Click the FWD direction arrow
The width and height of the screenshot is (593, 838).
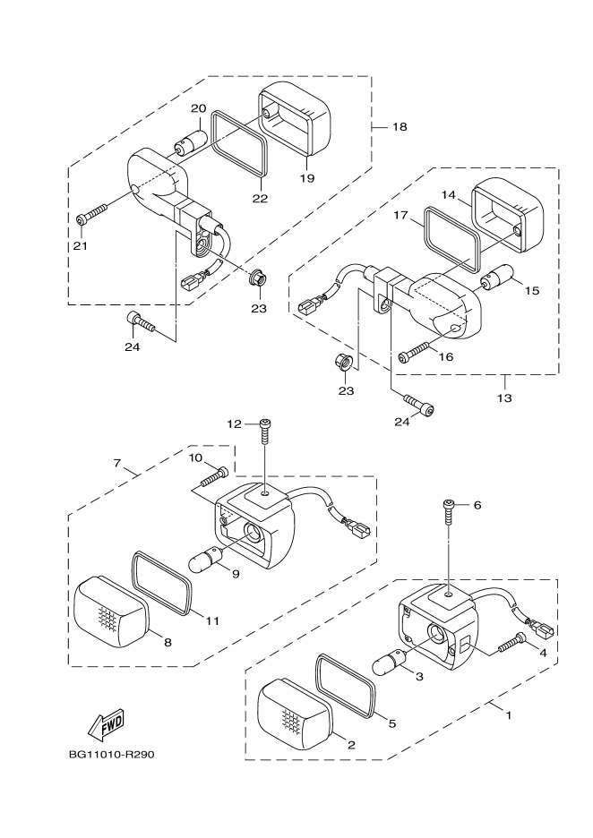[106, 725]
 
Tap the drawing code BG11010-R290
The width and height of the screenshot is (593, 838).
[111, 755]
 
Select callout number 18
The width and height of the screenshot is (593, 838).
[400, 126]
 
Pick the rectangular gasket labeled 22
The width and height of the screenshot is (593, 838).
[239, 143]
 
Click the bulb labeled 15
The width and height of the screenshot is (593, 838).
[496, 280]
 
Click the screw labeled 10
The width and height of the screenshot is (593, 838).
[214, 476]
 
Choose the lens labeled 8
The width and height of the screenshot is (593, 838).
[111, 612]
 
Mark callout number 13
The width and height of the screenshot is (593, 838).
[504, 398]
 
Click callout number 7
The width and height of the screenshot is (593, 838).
[117, 463]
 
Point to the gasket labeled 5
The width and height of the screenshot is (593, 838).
[347, 685]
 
